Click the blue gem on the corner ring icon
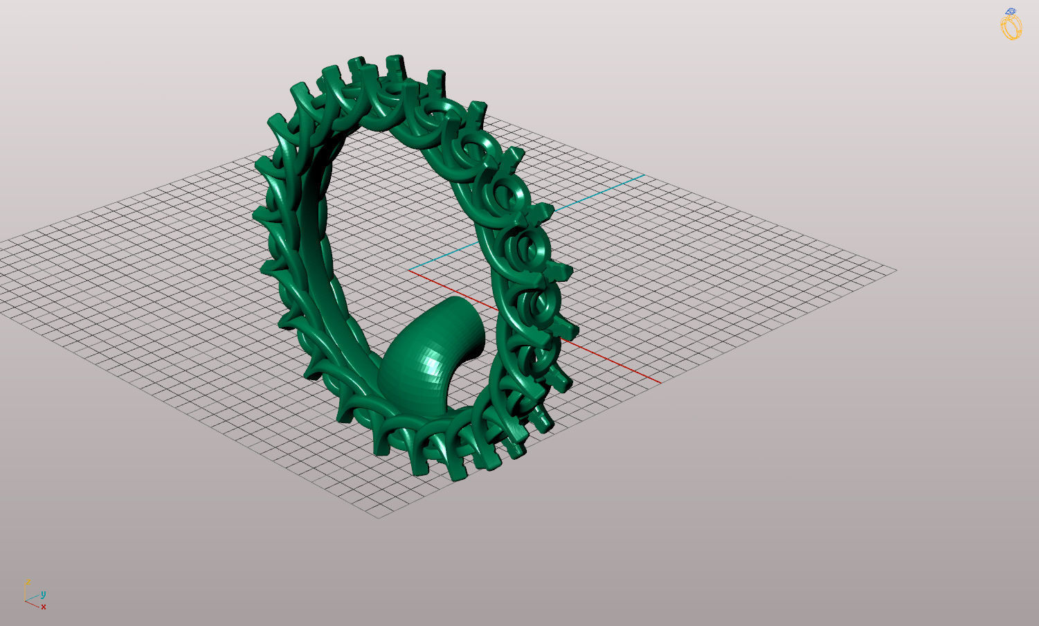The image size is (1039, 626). pos(1012,12)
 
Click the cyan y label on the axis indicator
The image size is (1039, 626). pos(43,594)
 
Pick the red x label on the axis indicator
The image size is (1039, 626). pos(43,607)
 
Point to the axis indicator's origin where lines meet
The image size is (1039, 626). pos(26,600)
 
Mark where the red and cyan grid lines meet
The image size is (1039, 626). pos(409,270)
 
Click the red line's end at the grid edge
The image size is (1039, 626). pos(660,382)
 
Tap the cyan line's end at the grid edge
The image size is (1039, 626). pos(643,175)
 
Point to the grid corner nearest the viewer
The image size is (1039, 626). pos(379,517)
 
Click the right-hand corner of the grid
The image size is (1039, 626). pos(896,270)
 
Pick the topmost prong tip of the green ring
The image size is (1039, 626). pos(395,61)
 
